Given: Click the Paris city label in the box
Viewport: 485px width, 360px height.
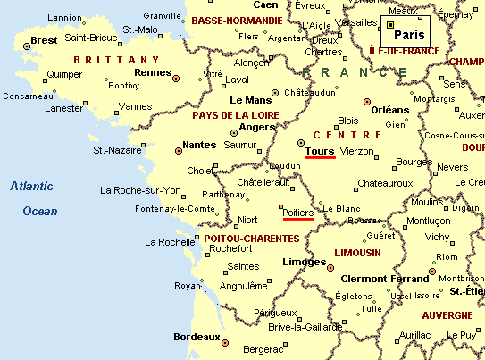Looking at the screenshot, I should point(409,35).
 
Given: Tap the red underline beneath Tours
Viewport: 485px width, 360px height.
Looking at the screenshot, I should point(320,160).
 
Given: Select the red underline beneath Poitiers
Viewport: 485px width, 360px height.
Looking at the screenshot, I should point(297,219).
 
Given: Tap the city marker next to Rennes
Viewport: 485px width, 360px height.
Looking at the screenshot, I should point(177,79).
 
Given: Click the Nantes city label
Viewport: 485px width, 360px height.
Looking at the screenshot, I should point(198,144).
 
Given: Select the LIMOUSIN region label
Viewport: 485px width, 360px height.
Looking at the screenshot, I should point(357,253).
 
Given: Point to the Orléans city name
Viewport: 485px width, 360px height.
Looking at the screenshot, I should point(389,110).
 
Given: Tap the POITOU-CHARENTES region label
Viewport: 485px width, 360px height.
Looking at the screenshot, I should point(251,239).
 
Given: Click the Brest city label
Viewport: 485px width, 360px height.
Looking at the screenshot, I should point(43,40).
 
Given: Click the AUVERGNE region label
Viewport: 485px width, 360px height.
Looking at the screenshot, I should point(447,315).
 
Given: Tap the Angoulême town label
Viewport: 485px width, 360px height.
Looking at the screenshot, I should point(243,286).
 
